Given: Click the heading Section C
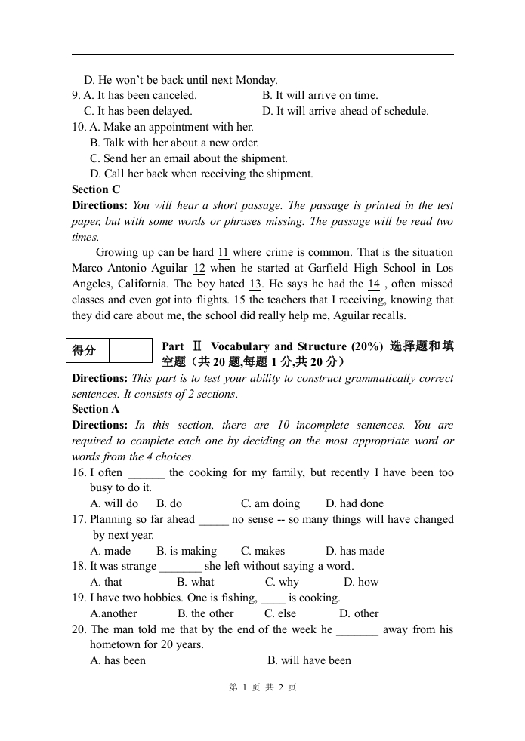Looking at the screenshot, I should (x=96, y=189).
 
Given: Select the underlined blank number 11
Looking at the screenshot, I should (x=224, y=253).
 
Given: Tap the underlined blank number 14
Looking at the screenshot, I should (x=373, y=284).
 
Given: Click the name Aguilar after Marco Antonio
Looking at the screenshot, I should (x=171, y=269).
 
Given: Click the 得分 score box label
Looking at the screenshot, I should (x=85, y=350).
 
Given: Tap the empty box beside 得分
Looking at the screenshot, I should (x=131, y=350).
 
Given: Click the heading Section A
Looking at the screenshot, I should (x=96, y=409).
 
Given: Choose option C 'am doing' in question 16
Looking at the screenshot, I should (x=270, y=503).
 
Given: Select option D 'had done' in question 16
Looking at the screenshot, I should (x=355, y=503).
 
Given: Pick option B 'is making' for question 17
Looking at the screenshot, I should (x=187, y=551).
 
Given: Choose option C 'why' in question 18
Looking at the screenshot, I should (x=282, y=582).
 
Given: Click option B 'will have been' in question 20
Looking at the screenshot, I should (x=309, y=660).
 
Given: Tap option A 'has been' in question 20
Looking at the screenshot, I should (x=118, y=660).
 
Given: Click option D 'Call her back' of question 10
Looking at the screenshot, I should (x=202, y=174).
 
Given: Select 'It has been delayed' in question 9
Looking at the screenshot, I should (x=138, y=111).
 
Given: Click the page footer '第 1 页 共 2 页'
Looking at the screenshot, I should (x=263, y=687).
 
